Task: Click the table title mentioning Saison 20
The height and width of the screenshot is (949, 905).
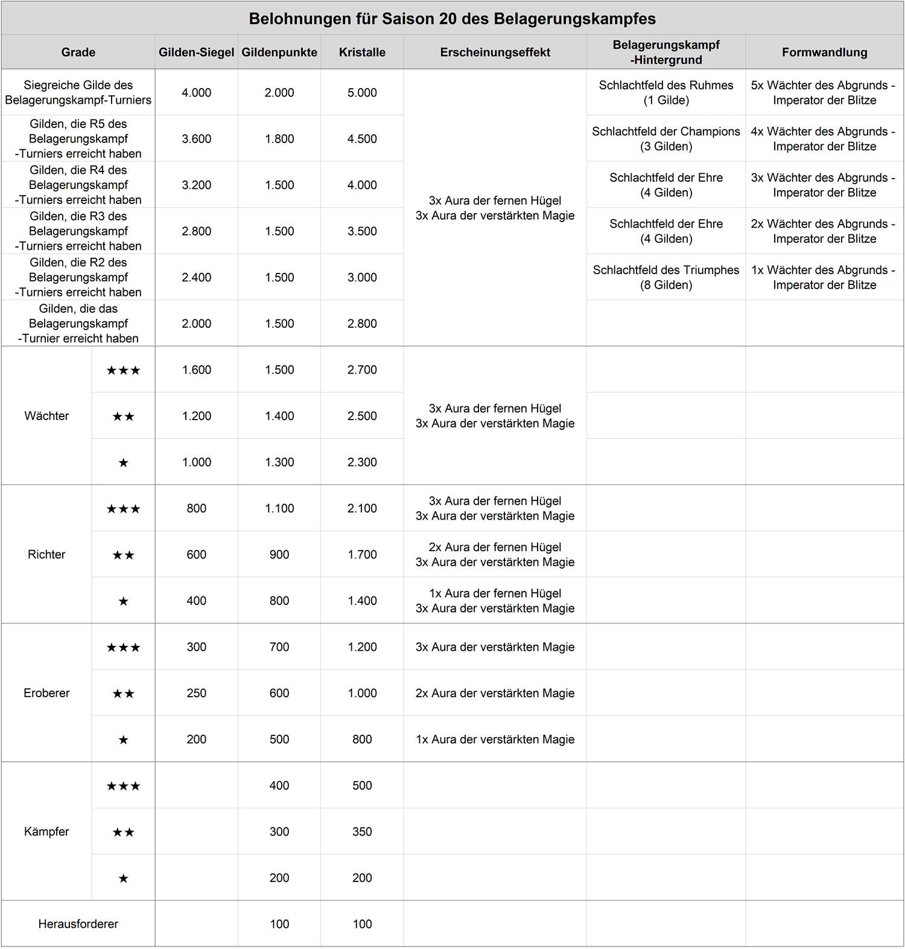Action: point(452,19)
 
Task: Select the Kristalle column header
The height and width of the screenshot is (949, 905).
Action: point(362,53)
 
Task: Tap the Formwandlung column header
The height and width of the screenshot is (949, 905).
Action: point(824,53)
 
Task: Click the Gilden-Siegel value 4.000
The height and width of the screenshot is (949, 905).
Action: point(197,93)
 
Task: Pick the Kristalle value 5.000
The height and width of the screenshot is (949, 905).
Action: point(362,93)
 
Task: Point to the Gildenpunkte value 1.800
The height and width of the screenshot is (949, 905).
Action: point(279,139)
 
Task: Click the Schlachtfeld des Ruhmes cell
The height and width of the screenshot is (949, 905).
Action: point(665,93)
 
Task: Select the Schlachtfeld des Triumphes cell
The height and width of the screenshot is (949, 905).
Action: point(665,278)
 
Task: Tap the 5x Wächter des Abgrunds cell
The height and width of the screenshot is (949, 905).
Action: point(824,93)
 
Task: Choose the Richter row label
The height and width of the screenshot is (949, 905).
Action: point(46,555)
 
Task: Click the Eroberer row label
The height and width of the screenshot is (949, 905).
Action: point(46,693)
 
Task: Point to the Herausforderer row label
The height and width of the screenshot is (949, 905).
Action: point(78,924)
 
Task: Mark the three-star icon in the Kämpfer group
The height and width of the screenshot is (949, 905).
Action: point(123,786)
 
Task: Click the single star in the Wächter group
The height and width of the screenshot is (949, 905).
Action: point(123,463)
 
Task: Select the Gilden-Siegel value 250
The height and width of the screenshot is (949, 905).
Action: point(197,693)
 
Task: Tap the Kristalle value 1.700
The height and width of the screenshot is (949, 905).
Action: point(362,555)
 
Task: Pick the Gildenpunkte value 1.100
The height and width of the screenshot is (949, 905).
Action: point(279,508)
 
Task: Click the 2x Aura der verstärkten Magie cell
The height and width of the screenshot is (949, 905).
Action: point(495,693)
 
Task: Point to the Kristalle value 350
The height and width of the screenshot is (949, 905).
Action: point(362,832)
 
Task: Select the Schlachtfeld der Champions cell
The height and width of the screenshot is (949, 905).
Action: point(665,139)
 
